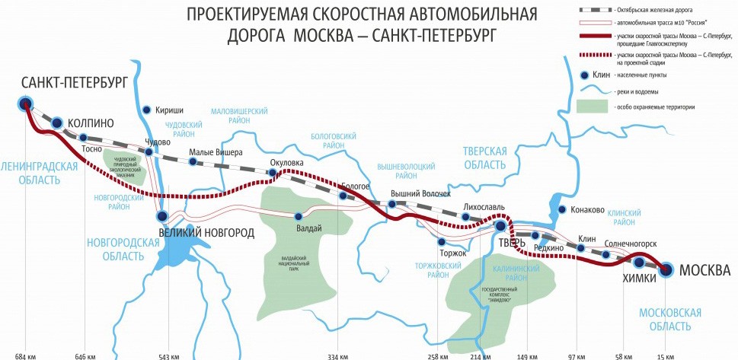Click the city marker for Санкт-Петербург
(x=25, y=104)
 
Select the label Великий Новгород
(x=206, y=232)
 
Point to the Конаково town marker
(x=562, y=209)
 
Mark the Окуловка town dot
(x=272, y=174)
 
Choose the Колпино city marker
(x=56, y=122)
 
